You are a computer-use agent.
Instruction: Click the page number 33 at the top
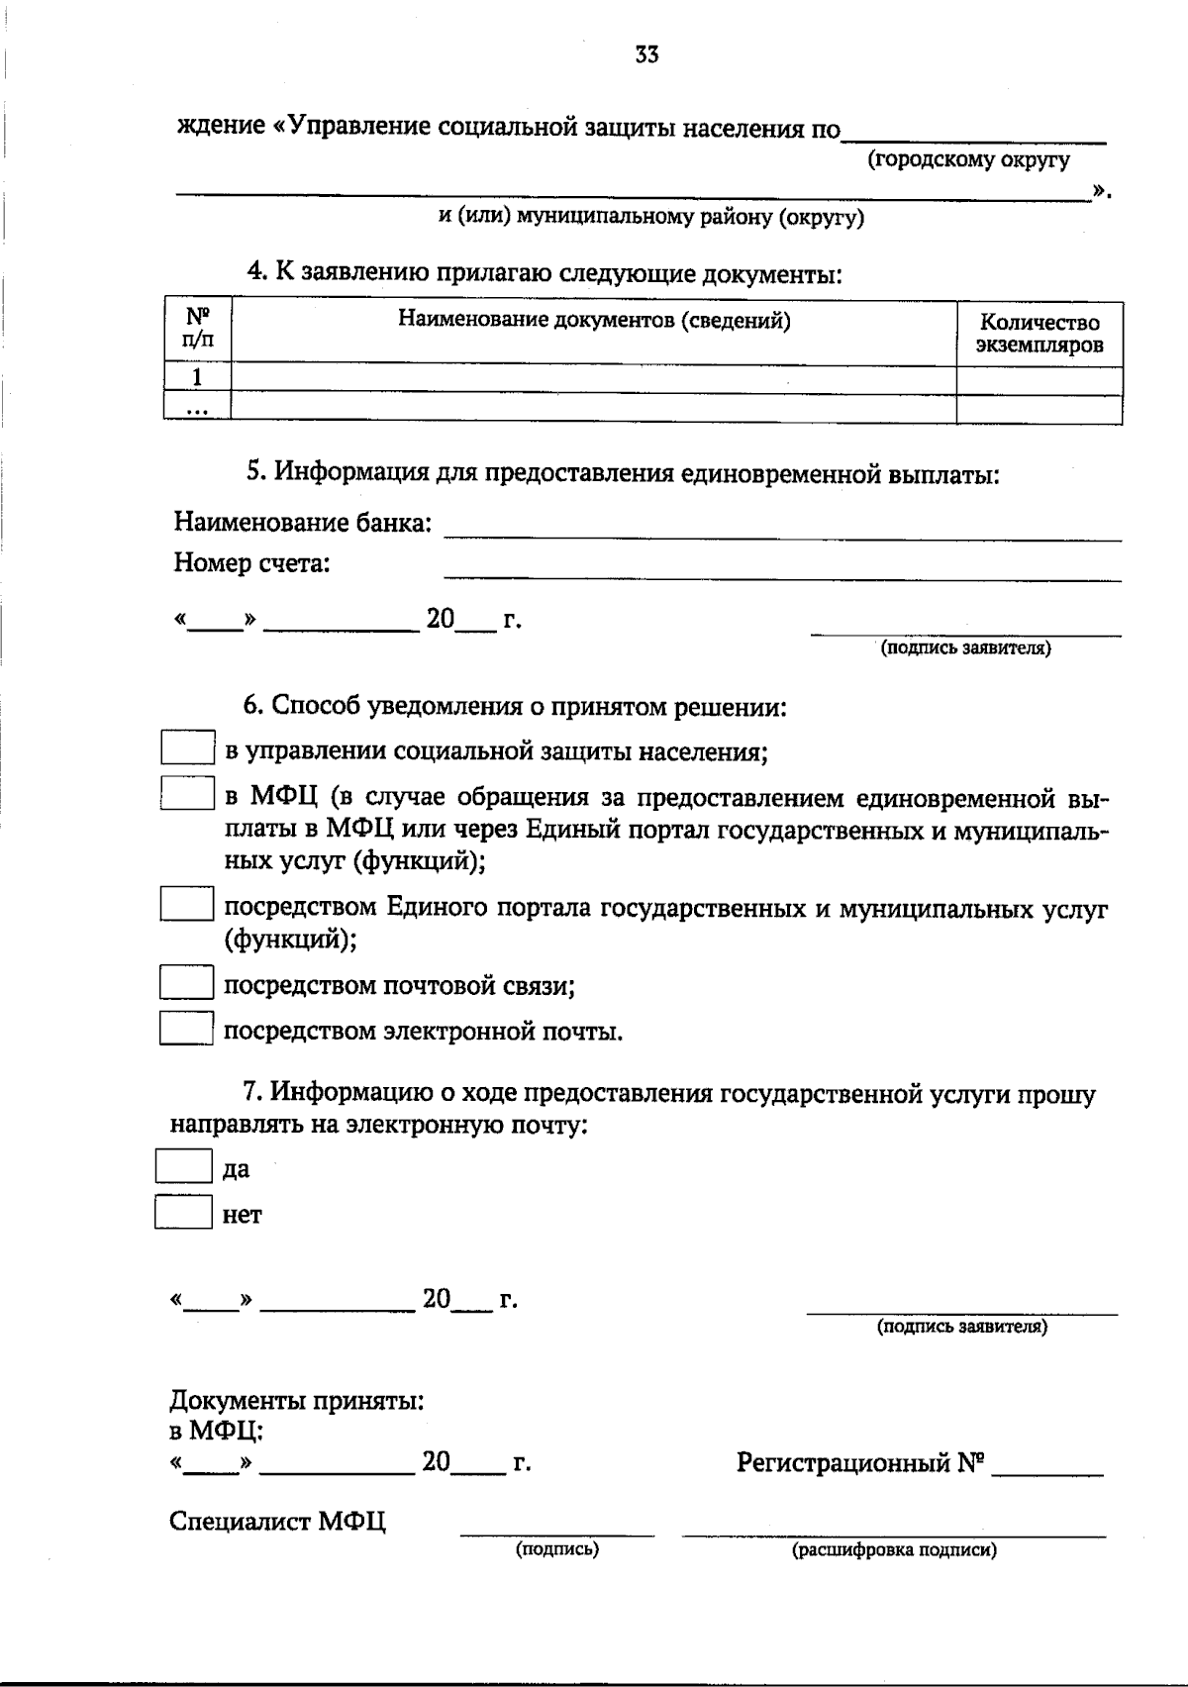[646, 56]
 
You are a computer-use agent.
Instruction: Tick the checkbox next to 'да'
[184, 1165]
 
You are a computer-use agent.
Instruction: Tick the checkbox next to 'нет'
[184, 1212]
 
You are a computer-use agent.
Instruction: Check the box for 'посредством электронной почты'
[187, 1028]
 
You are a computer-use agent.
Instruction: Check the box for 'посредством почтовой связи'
[187, 982]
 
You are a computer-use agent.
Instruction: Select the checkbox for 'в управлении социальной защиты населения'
[188, 747]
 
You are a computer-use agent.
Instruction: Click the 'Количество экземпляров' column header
[1039, 334]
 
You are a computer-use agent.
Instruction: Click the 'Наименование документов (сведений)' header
[594, 320]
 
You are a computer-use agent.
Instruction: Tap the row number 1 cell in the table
[197, 377]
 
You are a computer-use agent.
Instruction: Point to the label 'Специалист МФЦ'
[277, 1522]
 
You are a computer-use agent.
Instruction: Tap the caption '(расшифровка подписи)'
[893, 1550]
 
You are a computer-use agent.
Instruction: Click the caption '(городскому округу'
[968, 159]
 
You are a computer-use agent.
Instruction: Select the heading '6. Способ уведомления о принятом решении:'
[515, 706]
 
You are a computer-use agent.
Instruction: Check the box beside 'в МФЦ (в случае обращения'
[188, 794]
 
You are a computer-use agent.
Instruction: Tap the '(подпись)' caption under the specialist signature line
[556, 1549]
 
